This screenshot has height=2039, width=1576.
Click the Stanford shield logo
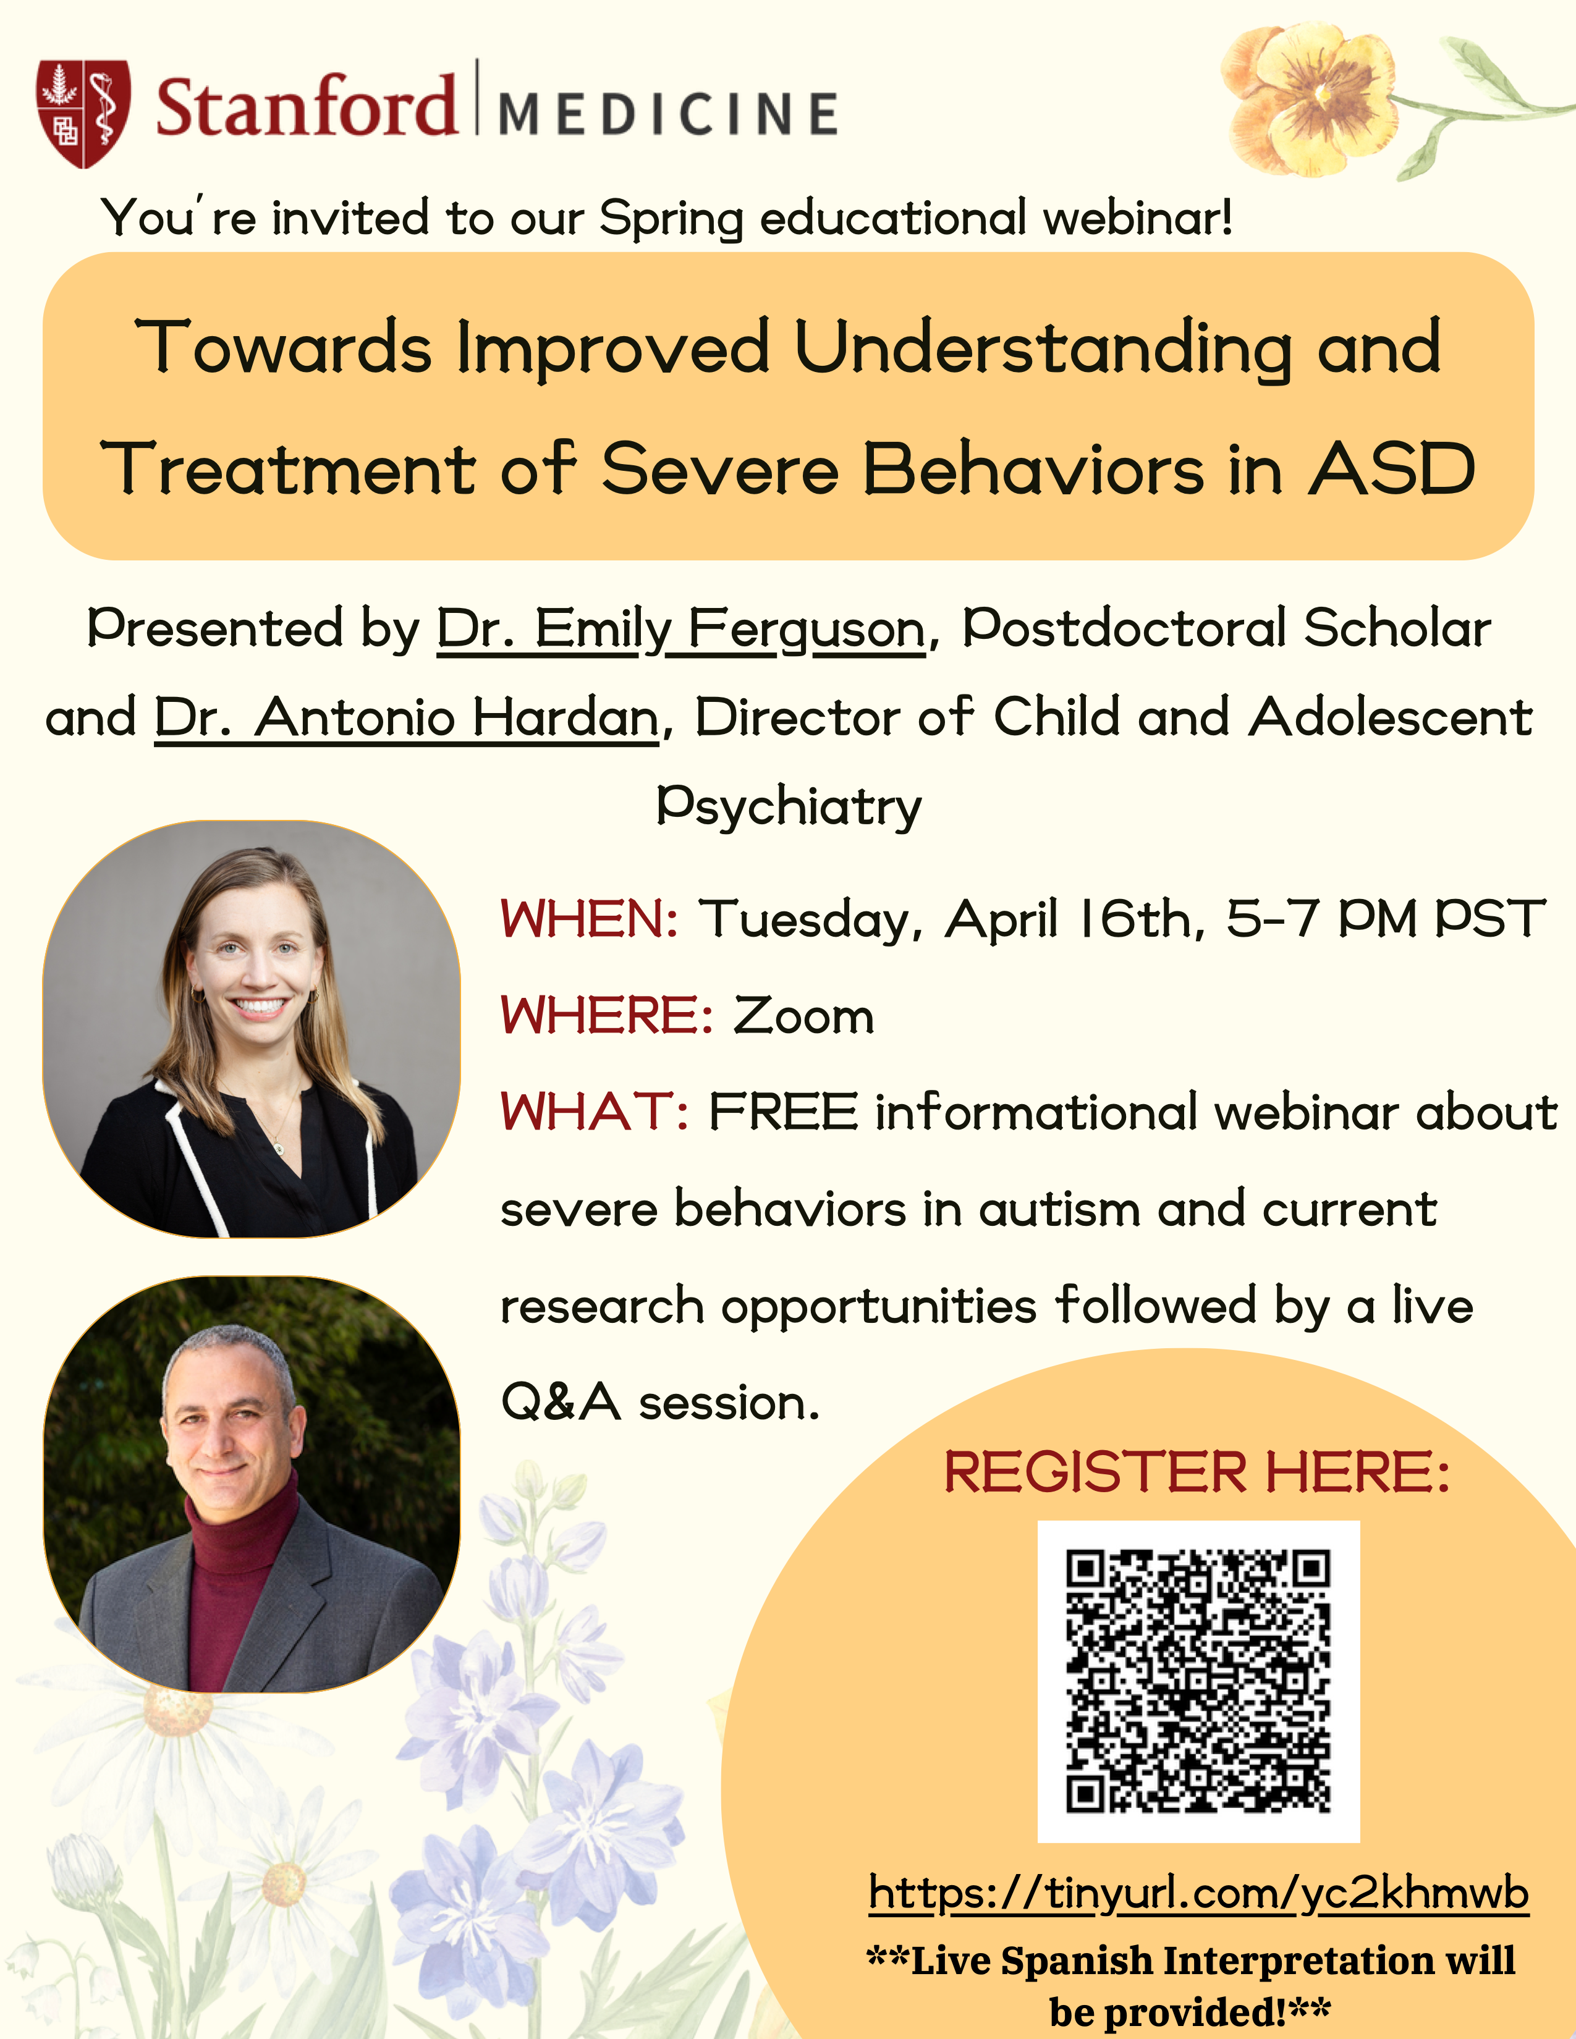83,114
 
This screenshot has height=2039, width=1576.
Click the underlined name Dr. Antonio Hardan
407,718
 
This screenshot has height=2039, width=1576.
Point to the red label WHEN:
589,919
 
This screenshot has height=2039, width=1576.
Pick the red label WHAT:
595,1112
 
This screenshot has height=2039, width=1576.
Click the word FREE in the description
783,1112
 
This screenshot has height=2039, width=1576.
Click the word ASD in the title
1391,469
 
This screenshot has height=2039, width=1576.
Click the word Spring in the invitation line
671,219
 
